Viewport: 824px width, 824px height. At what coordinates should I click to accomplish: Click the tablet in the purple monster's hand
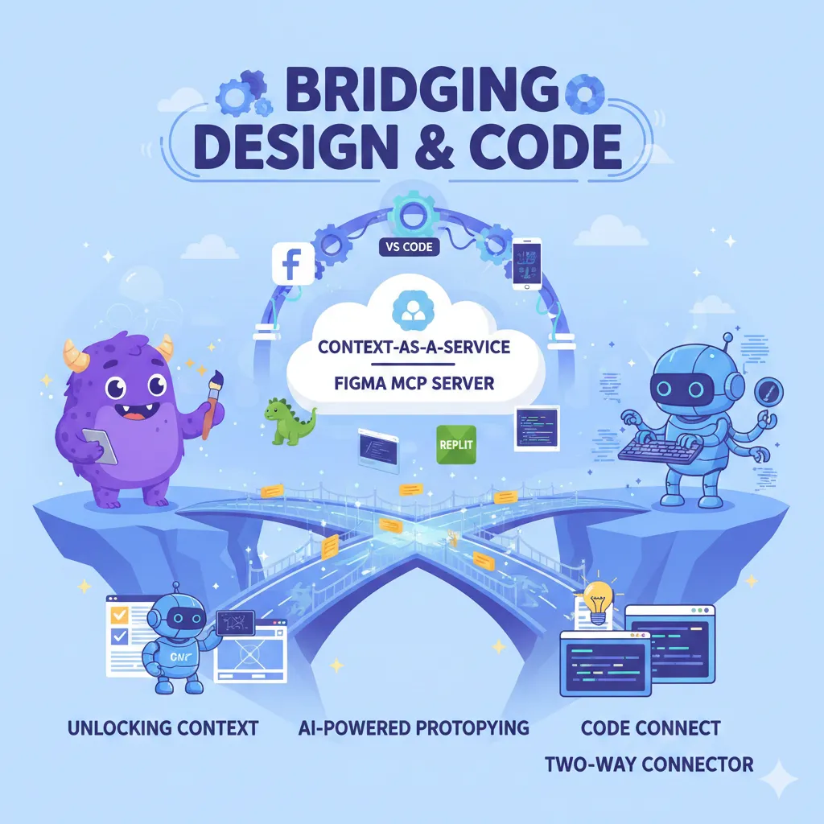100,446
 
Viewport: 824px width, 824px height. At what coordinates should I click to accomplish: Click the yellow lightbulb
598,600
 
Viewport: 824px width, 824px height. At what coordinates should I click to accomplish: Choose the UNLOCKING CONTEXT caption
163,729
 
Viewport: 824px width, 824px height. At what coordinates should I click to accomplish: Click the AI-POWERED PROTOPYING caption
414,729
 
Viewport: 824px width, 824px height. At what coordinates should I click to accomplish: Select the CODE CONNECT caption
650,729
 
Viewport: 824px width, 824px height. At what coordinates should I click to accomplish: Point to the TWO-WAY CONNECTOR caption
649,763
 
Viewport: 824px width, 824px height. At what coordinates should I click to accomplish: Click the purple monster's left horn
72,351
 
